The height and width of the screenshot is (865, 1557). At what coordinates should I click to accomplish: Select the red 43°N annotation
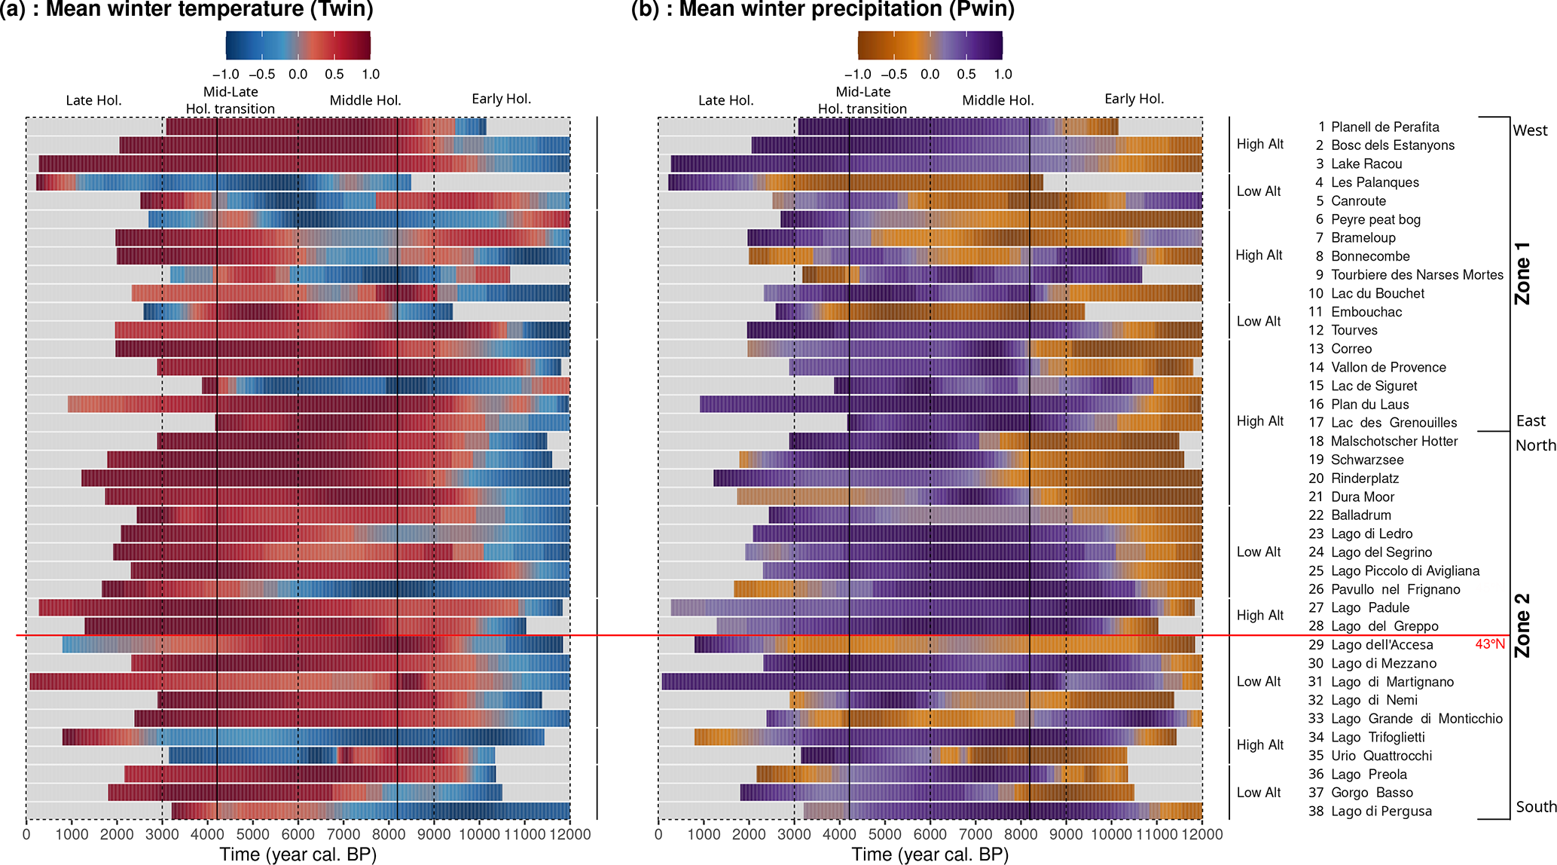1489,644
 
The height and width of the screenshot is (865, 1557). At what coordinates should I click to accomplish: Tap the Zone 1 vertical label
1522,273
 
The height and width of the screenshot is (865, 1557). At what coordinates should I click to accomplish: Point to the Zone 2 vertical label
1522,625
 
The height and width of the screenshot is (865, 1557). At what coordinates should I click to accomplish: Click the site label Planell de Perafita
1385,127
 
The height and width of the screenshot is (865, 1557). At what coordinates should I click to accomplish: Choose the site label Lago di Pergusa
1381,812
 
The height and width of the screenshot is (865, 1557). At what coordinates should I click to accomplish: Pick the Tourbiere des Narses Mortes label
1417,275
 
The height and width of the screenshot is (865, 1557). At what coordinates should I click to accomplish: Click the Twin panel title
186,10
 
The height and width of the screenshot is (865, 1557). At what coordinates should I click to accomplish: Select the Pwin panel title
823,10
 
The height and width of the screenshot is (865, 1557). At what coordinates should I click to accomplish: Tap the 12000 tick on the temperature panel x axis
569,835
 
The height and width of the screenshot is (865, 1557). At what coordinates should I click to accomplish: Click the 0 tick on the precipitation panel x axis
658,835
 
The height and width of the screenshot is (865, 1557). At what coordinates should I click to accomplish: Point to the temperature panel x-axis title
298,854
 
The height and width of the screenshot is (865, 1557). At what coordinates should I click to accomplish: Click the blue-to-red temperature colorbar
298,45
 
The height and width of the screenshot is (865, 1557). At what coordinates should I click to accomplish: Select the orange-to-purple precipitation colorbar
930,45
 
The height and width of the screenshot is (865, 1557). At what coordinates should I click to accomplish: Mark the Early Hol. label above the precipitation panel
1134,99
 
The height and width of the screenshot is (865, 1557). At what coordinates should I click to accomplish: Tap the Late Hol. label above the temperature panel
93,101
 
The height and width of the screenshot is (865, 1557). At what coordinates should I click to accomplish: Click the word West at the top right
1530,130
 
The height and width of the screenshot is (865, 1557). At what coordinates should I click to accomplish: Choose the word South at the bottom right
1536,807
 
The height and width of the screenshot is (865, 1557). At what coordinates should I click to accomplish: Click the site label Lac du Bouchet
1377,294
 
